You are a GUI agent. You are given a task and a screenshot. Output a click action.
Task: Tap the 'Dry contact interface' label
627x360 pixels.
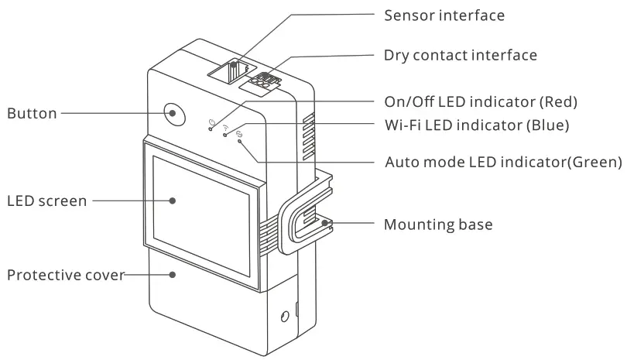click(460, 55)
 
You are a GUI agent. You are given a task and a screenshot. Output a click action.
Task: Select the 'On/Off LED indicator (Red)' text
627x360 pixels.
click(481, 101)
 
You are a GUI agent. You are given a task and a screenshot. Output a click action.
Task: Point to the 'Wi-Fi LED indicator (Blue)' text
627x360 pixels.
click(477, 124)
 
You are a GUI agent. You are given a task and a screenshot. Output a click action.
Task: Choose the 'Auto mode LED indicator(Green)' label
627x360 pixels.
click(503, 163)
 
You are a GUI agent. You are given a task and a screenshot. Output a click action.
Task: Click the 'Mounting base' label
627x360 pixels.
click(438, 225)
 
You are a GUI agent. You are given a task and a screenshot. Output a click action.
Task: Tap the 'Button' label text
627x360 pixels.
click(32, 114)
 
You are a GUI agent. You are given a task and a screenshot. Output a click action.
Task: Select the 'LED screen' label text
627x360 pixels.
click(46, 201)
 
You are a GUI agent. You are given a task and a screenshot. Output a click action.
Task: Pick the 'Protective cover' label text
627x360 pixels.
click(66, 275)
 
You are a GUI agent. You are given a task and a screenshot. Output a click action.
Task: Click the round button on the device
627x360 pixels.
click(173, 114)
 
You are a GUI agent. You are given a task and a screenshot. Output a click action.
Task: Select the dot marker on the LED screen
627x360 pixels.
click(173, 200)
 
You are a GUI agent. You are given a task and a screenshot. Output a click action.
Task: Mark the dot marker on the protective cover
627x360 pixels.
click(173, 274)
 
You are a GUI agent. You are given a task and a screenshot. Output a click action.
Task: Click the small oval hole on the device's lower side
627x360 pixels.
click(285, 315)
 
